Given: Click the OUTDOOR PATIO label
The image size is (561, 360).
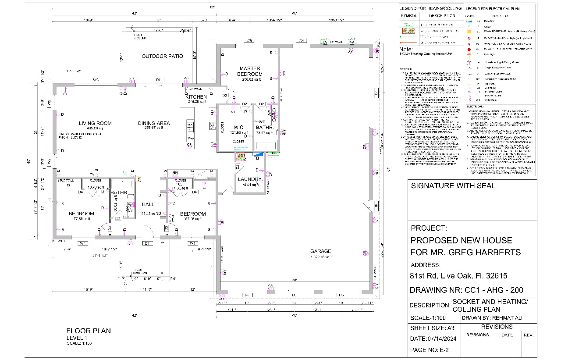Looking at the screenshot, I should tap(162, 56).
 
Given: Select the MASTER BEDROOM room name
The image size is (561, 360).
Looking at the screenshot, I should tap(250, 71).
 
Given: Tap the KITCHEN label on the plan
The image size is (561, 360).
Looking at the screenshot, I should tap(196, 97).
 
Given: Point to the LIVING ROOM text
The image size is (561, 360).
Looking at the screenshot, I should tap(95, 124).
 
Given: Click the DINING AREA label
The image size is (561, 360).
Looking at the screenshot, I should tap(154, 124).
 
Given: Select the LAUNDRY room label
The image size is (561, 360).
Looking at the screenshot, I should tap(250, 179).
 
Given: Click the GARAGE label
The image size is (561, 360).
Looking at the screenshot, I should tap(321, 251).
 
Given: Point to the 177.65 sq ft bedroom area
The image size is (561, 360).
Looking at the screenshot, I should tap(82, 219).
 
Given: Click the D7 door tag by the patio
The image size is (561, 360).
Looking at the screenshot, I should tap(159, 80).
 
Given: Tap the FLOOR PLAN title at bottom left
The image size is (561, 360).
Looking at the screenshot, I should tap(89, 331).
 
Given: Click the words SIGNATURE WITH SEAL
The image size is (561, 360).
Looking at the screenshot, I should tap(453, 185).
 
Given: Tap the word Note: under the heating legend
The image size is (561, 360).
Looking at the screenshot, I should tap(407, 50).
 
